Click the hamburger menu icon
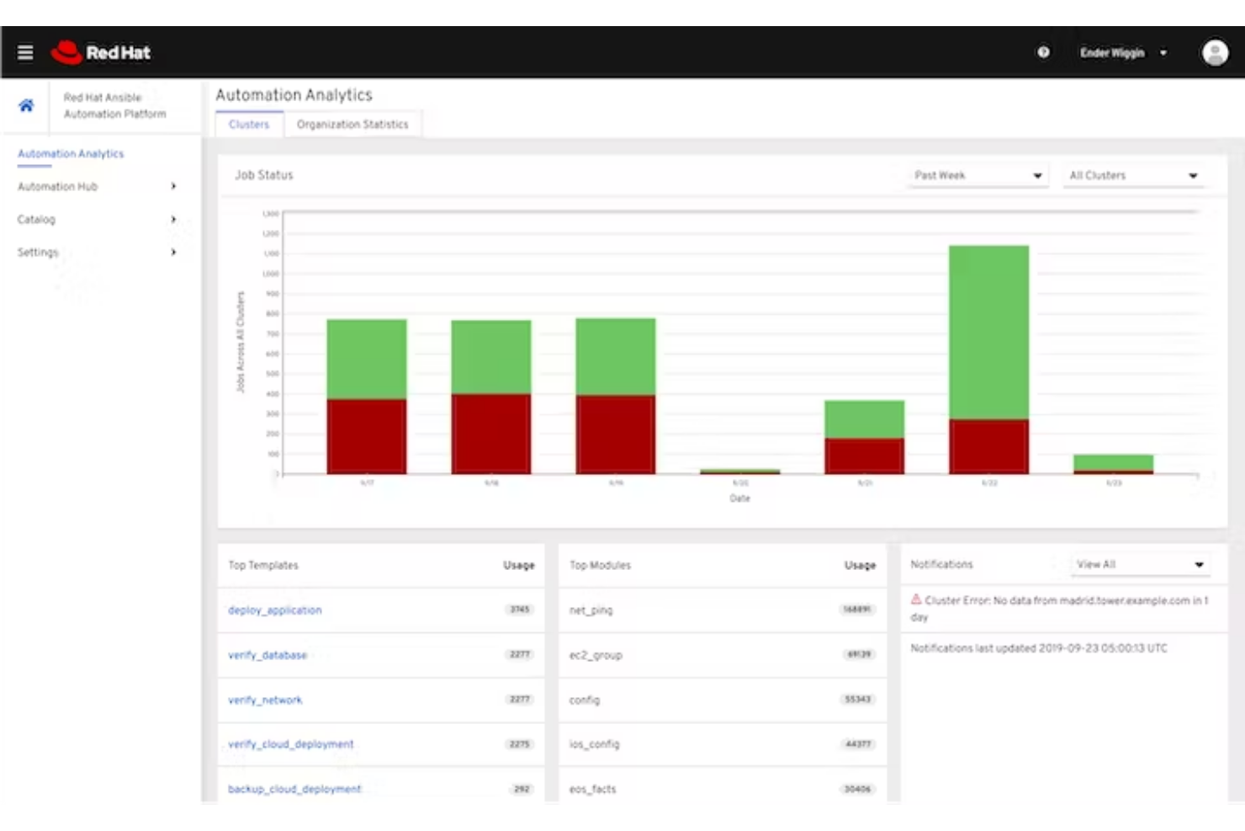25,52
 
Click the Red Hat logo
101,52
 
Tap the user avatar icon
1214,52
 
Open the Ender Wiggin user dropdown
1123,52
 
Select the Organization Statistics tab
352,125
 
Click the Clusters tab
249,125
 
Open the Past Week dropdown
978,175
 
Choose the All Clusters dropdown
1132,175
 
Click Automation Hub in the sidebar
58,186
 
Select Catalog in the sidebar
36,219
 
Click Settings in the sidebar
38,252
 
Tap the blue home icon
26,105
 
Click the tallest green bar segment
988,332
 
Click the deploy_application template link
275,610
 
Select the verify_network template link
265,700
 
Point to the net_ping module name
591,610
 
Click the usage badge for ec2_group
859,654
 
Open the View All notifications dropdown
1140,564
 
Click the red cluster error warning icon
916,599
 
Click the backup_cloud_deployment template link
294,789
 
